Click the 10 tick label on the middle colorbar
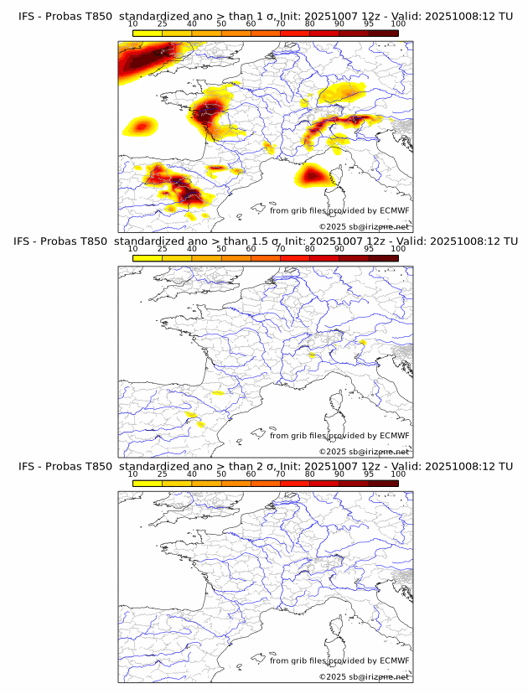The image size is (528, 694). (133, 250)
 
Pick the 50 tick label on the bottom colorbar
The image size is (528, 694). (221, 474)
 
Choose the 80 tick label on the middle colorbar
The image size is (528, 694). (310, 250)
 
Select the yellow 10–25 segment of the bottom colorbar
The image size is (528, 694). (148, 484)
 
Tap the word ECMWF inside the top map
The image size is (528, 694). (394, 210)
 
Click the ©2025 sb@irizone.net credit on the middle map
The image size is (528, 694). (364, 451)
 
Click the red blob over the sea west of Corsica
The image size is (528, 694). (313, 175)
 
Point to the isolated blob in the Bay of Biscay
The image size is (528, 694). (141, 127)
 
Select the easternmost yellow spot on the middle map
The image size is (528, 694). (363, 342)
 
